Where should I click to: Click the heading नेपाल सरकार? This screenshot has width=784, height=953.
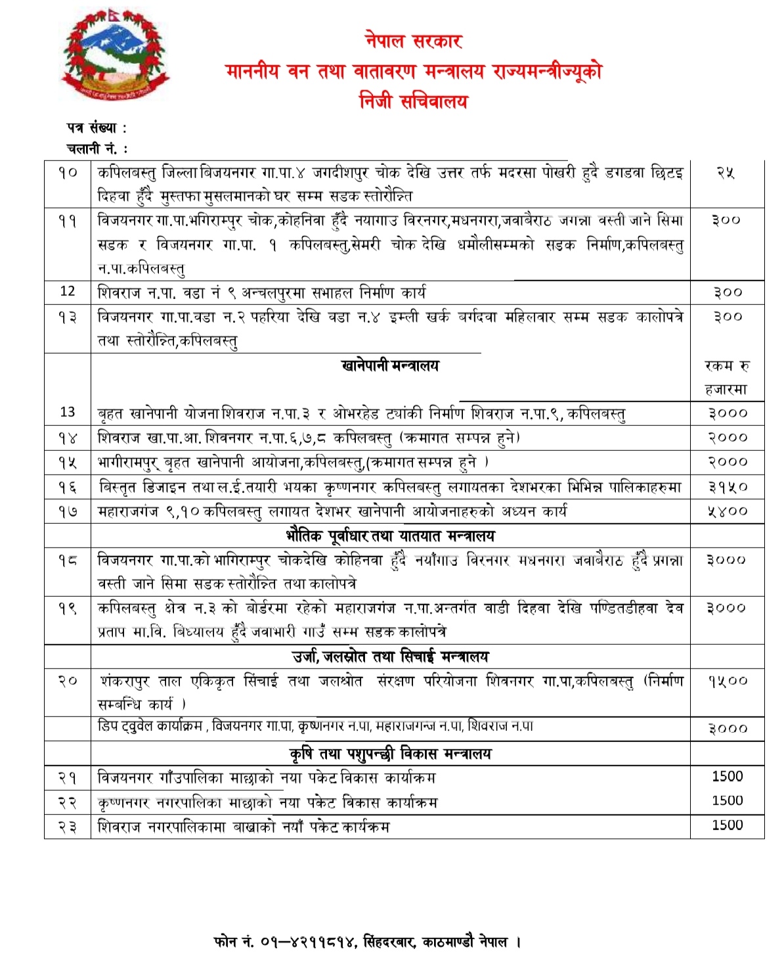coord(414,41)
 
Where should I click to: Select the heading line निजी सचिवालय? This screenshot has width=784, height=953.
coord(414,101)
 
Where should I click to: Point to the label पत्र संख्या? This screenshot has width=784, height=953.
coord(92,128)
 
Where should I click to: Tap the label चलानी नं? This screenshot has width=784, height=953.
coord(93,149)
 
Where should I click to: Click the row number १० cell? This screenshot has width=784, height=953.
coord(68,173)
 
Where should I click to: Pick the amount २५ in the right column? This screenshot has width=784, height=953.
coord(726,173)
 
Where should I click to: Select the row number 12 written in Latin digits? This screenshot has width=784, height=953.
coord(68,291)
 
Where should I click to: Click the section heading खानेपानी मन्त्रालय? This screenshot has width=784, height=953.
coord(390,365)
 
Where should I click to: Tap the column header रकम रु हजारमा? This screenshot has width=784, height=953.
coord(726,378)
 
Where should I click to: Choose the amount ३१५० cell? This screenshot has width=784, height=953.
coord(727,487)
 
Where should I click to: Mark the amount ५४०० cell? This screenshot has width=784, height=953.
coord(727,511)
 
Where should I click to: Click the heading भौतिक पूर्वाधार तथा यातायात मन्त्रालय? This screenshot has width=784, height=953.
coord(390,536)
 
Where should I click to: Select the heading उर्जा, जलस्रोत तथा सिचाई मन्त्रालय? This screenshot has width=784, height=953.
coord(390,657)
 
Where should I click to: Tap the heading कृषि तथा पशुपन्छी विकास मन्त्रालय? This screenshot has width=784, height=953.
coord(390,754)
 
